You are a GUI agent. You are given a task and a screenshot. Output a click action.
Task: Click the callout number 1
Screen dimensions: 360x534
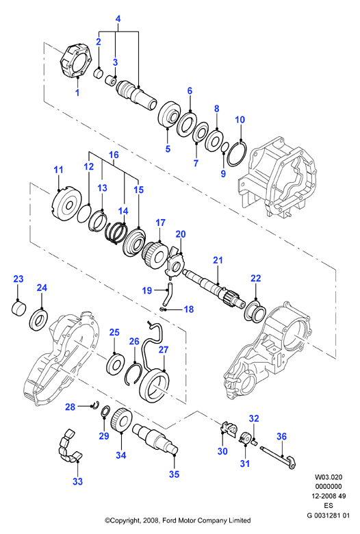click(x=77, y=92)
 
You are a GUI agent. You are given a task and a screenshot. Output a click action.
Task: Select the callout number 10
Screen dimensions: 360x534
click(x=240, y=120)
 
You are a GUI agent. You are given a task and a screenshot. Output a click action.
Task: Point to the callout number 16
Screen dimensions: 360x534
click(x=114, y=155)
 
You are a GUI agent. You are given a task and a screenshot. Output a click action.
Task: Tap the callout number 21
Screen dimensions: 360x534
click(x=218, y=260)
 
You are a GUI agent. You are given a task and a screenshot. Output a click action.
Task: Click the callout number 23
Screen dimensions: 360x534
click(x=18, y=279)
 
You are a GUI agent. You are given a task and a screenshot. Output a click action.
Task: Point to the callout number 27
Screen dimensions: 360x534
click(x=164, y=350)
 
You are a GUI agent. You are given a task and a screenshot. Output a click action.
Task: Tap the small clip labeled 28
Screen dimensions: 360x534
click(x=95, y=405)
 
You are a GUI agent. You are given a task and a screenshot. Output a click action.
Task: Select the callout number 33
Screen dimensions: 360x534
click(x=77, y=481)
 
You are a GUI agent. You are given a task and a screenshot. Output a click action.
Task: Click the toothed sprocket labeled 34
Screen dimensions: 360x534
click(x=121, y=420)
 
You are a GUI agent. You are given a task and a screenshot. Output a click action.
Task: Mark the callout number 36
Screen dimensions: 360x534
click(x=282, y=436)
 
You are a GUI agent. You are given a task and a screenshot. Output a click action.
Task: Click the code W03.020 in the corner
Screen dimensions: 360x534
click(x=329, y=477)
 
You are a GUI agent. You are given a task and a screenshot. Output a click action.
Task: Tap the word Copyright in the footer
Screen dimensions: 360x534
click(x=125, y=520)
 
